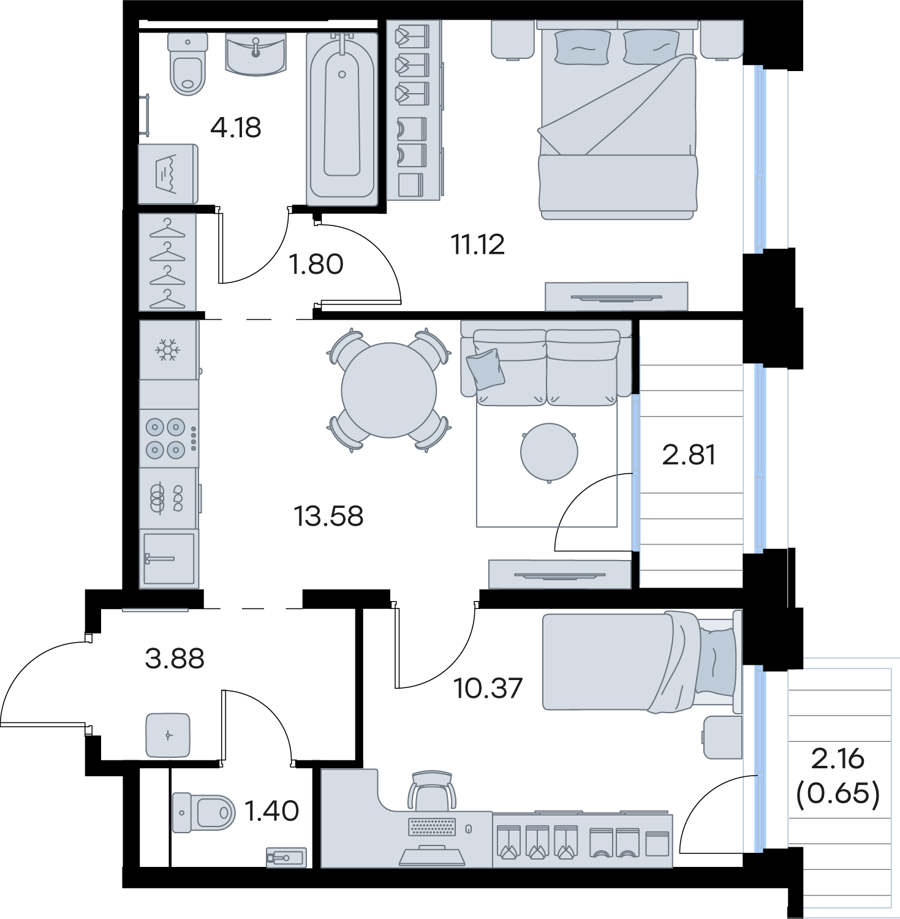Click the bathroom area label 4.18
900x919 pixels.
[x=236, y=127]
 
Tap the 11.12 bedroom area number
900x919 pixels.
[x=478, y=244]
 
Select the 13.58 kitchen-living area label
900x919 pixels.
[x=328, y=516]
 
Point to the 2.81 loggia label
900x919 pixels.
[x=689, y=455]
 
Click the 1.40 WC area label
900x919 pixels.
[x=272, y=811]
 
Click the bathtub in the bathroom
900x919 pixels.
[x=342, y=118]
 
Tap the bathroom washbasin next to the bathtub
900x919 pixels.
[x=256, y=54]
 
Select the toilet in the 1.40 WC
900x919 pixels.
[x=203, y=812]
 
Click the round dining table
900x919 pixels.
[x=389, y=390]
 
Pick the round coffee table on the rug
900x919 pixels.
[x=549, y=452]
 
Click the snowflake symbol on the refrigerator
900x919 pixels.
[x=167, y=350]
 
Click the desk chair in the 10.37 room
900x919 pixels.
[x=432, y=791]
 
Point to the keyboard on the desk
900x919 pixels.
[x=432, y=826]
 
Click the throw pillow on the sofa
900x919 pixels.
[x=486, y=369]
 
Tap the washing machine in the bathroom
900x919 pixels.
[x=168, y=174]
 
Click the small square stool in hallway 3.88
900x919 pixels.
[x=168, y=735]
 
